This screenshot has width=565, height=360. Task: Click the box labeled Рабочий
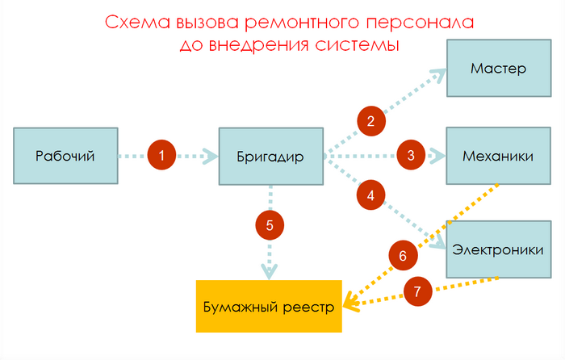tap(65, 156)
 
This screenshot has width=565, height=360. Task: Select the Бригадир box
tap(271, 156)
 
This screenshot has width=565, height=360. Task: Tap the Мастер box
tap(498, 69)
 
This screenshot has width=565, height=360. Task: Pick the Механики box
tap(498, 156)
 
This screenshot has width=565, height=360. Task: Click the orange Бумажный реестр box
tap(270, 307)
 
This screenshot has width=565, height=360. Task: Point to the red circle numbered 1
tap(162, 156)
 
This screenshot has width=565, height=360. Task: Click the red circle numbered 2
tap(370, 122)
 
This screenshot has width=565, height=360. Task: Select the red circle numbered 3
tap(411, 155)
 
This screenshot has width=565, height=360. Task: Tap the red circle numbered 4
tap(370, 195)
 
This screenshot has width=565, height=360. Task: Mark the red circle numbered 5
tap(270, 226)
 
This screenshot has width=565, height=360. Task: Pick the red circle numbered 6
tap(403, 256)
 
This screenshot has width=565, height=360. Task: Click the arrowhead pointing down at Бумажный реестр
tap(270, 270)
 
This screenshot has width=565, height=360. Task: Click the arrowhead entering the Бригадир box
tap(211, 156)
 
